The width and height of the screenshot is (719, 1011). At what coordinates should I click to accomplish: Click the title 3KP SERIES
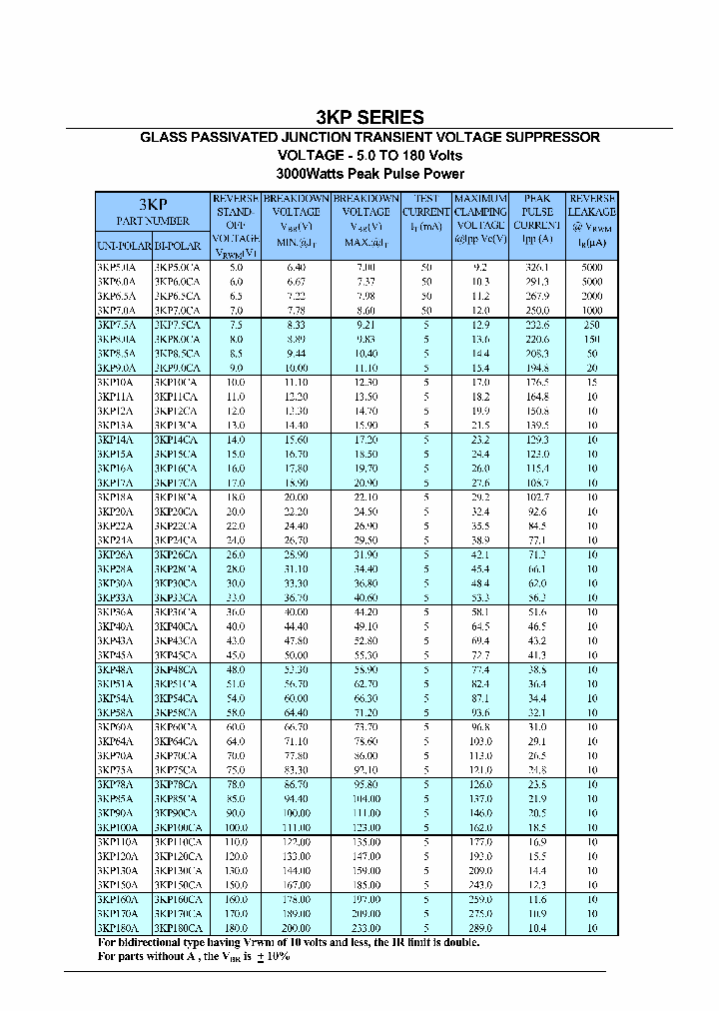[369, 117]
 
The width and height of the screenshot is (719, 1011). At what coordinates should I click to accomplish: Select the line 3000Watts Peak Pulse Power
[369, 173]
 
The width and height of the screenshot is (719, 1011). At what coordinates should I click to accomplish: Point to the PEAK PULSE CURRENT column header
[537, 219]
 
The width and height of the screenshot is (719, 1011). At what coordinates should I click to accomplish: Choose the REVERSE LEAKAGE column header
[592, 219]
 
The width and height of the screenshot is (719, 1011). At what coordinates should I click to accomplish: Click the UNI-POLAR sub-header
[123, 246]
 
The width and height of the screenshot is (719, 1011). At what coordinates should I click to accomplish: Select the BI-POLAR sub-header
[179, 246]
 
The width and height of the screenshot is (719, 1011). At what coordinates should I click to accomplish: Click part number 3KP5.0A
[117, 268]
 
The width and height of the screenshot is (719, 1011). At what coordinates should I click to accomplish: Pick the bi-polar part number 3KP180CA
[179, 928]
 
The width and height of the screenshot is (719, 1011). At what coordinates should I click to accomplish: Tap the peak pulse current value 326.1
[537, 268]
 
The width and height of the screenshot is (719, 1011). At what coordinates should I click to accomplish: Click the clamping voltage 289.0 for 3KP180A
[481, 928]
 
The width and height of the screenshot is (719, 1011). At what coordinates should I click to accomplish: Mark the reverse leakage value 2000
[592, 297]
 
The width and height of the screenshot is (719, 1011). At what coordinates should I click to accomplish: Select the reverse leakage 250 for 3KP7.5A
[592, 326]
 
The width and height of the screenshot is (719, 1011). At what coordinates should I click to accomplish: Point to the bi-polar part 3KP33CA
[177, 597]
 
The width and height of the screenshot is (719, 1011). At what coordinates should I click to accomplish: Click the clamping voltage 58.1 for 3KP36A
[481, 611]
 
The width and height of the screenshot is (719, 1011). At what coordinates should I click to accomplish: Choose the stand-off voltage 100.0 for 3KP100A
[236, 828]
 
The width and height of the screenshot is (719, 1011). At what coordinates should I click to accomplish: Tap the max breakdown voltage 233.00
[366, 928]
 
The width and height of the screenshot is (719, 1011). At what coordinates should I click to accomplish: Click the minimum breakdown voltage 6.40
[297, 268]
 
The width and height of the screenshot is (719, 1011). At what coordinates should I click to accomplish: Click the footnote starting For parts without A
[194, 957]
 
